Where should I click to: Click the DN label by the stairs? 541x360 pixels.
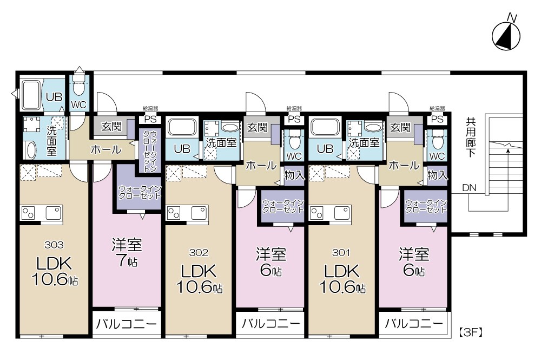[x=469, y=188]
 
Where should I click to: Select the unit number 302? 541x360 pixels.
[x=199, y=252]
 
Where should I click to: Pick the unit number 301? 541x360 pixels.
[x=342, y=252]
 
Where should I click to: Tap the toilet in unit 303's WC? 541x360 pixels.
[x=79, y=87]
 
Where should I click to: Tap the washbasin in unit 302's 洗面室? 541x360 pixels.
[x=230, y=128]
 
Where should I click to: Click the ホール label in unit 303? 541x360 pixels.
[x=105, y=150]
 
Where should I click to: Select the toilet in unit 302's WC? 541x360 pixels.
[x=294, y=142]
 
